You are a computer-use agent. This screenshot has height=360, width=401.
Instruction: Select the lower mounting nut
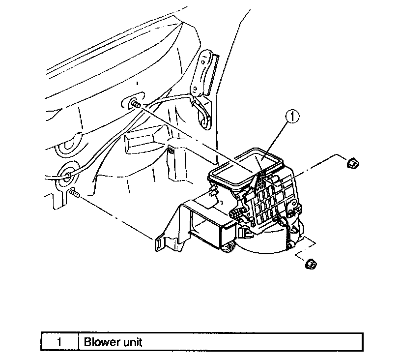pos(310,264)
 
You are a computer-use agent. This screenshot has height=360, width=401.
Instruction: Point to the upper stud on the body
pos(135,105)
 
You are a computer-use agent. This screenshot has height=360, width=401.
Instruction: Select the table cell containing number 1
pos(59,342)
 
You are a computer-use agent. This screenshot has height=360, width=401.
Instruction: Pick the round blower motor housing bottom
pos(268,243)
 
